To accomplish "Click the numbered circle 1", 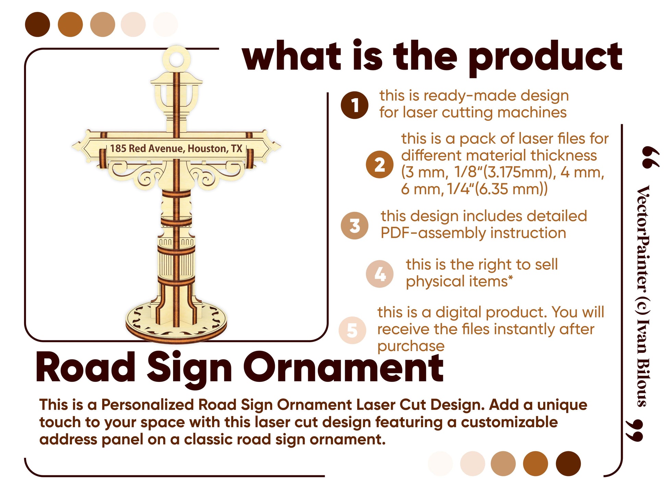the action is [354, 105].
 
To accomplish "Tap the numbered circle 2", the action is [379, 164].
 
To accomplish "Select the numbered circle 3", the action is [354, 225].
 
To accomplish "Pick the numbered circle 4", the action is [379, 273].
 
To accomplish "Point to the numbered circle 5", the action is [352, 330].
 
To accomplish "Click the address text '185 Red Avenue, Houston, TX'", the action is [176, 149].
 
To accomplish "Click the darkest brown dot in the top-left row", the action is [38, 24].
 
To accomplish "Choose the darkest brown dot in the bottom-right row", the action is [568, 463].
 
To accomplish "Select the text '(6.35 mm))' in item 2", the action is [511, 189].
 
